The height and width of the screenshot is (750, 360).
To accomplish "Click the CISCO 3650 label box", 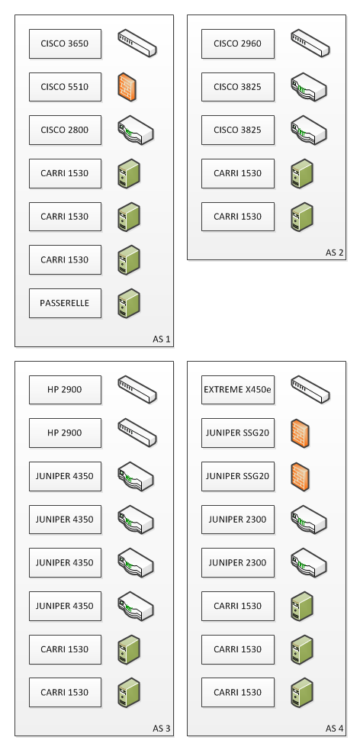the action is coord(65,44).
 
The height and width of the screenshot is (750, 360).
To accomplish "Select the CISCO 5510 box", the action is coord(65,87).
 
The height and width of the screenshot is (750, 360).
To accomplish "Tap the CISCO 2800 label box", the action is coord(65,130).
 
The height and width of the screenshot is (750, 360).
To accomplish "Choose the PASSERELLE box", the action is coord(65,303).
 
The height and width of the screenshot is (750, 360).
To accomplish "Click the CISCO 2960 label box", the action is coord(238,44).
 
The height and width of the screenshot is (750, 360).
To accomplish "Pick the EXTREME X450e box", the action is coord(238,390).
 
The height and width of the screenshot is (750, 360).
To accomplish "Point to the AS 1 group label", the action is coord(162,339).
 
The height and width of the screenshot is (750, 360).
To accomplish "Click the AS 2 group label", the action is coord(335,253).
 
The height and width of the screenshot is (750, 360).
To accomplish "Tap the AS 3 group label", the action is coord(162,729).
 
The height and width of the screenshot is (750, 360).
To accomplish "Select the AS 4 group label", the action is coord(335,729).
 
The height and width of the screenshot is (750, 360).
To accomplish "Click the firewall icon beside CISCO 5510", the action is coord(127,88).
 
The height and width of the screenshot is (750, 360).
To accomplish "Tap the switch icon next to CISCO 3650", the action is coord(138,43).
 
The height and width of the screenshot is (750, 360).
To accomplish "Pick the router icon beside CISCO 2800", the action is coord(136,130).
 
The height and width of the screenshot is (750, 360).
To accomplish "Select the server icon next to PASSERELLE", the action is coord(129,303).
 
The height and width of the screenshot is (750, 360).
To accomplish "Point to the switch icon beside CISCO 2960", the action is coord(310,43).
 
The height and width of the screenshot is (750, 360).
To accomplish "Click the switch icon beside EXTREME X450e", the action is coord(310,390).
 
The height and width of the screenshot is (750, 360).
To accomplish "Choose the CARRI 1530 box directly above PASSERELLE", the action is coord(65,259).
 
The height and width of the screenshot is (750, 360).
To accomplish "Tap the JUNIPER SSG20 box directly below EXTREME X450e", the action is coord(238,433).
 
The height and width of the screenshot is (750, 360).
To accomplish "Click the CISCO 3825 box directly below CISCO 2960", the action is coord(238,87).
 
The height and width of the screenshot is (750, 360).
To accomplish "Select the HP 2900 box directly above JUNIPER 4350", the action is coord(65,433).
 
